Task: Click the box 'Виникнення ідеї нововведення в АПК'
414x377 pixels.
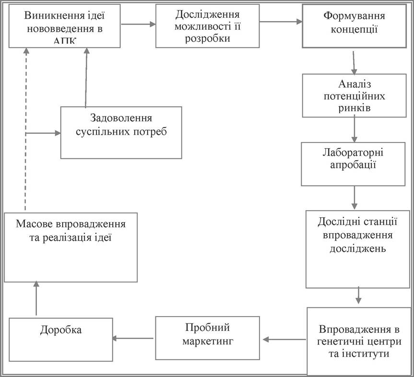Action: click(x=65, y=26)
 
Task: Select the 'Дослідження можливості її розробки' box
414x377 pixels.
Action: click(x=208, y=26)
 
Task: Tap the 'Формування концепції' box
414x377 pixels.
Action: click(x=355, y=26)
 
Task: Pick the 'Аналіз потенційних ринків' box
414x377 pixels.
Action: click(x=355, y=95)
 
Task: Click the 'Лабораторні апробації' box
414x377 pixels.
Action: click(x=353, y=164)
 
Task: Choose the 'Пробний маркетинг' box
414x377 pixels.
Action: click(x=208, y=338)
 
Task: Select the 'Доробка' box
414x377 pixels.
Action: click(x=61, y=340)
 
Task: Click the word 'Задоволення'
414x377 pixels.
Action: click(x=121, y=118)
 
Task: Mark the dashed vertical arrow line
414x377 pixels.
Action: click(x=26, y=129)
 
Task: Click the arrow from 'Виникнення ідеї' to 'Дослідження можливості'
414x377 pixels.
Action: click(x=138, y=24)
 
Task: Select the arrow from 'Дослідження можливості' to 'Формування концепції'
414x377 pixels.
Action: click(x=281, y=22)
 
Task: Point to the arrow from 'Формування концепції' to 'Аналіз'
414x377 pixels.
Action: click(x=354, y=62)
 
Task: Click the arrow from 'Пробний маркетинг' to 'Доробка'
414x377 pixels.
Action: click(x=133, y=338)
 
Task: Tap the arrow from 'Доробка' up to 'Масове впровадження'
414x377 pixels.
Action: click(x=36, y=298)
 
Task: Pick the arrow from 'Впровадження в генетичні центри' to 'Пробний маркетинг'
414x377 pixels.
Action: click(x=284, y=339)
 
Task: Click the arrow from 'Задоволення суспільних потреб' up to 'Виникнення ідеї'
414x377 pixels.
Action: click(x=86, y=78)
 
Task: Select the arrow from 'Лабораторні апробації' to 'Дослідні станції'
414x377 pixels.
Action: click(x=355, y=198)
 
